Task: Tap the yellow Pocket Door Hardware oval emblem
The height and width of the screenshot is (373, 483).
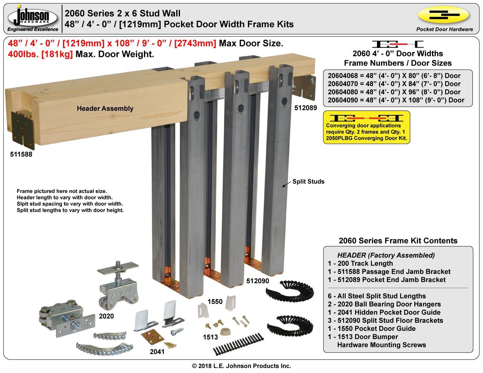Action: [x=444, y=15]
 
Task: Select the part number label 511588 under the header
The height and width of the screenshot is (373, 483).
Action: [x=21, y=154]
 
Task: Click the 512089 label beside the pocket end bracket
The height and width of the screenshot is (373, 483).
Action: [x=306, y=108]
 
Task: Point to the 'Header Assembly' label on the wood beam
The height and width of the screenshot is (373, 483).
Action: [x=105, y=108]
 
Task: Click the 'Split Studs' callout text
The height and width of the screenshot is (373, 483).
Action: [x=308, y=181]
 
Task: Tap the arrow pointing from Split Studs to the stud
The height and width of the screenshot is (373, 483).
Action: [x=287, y=184]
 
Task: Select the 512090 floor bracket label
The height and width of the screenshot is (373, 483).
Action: [x=258, y=281]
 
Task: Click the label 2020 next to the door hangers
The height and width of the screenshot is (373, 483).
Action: [x=106, y=316]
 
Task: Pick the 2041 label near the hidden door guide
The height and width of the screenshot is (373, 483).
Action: [x=157, y=352]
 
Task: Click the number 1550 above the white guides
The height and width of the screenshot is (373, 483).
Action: [x=215, y=301]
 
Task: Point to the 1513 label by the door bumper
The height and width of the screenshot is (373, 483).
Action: [x=210, y=337]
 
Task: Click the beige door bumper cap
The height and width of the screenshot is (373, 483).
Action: [x=225, y=332]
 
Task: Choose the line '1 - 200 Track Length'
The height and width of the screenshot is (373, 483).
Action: [x=360, y=264]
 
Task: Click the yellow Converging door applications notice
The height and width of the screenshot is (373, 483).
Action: [x=366, y=127]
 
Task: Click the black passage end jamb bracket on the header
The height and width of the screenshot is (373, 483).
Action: [x=23, y=130]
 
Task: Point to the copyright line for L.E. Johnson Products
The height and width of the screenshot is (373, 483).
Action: [x=241, y=366]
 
